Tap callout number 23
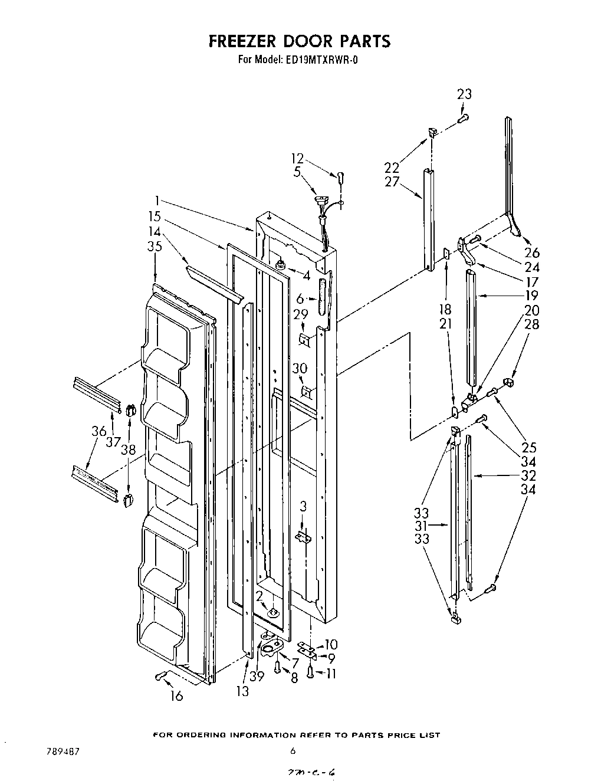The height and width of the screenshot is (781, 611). click(x=464, y=94)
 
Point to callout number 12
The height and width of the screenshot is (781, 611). click(x=297, y=158)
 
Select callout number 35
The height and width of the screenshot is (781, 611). click(x=155, y=247)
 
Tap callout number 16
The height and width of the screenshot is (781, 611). click(x=176, y=696)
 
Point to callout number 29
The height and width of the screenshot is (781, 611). click(x=300, y=314)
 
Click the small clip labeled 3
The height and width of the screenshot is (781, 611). click(x=303, y=536)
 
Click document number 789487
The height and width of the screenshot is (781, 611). click(x=63, y=752)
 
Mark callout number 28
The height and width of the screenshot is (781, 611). click(x=531, y=324)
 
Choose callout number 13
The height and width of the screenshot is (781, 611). click(x=242, y=692)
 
